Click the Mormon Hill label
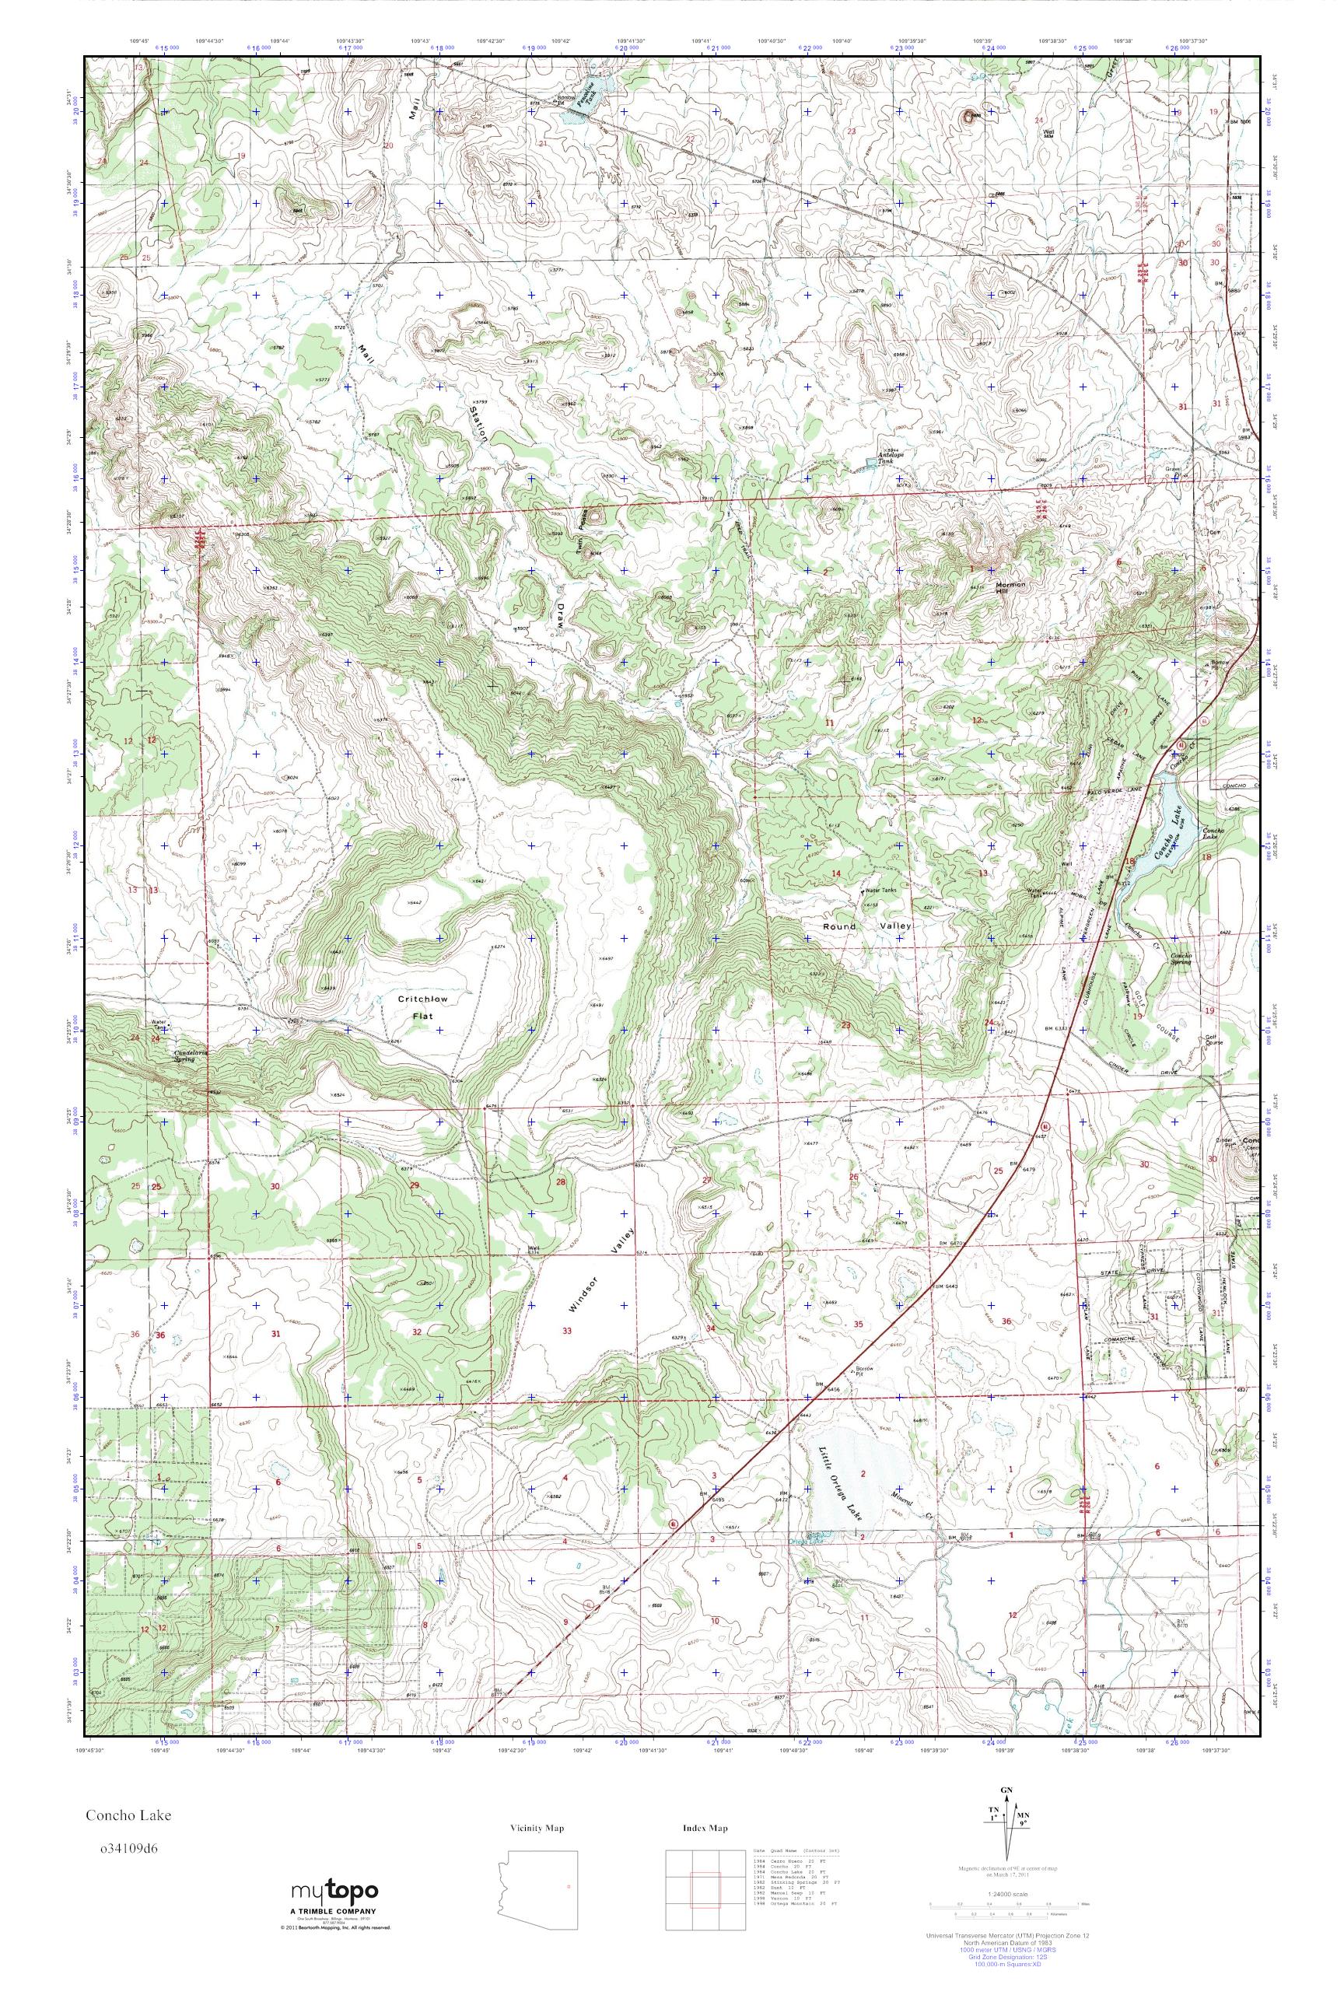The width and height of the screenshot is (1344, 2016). tap(1010, 586)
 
